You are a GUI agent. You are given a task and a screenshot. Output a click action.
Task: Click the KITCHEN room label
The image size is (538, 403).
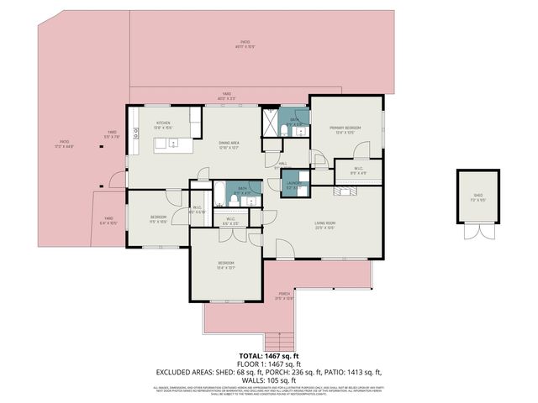coord(163,124)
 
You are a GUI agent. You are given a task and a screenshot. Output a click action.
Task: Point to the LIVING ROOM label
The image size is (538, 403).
coord(325,223)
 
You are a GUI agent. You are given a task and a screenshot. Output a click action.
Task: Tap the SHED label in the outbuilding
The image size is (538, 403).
coord(477,196)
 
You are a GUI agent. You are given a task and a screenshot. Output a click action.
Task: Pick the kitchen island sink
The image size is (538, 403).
coord(172,144)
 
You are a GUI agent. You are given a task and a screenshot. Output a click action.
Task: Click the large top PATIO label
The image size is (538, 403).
coord(245,44)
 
